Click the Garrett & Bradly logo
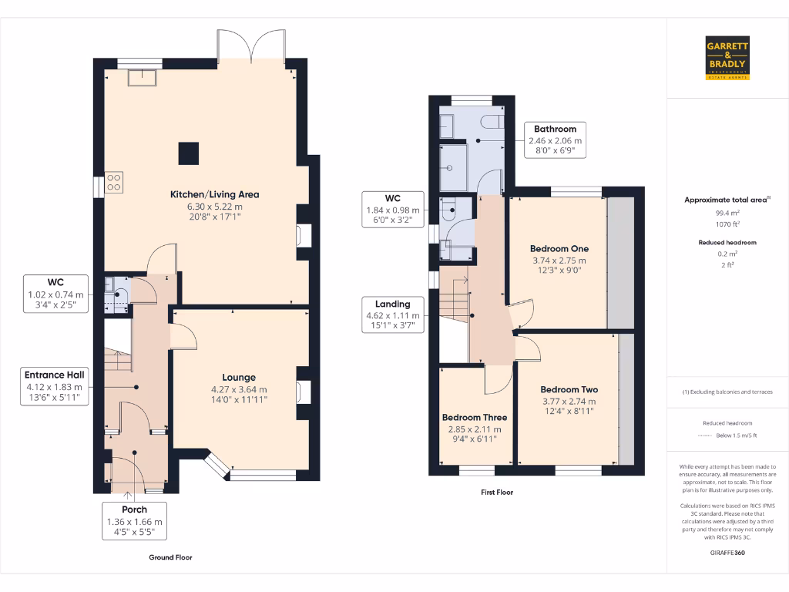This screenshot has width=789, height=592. (727, 58)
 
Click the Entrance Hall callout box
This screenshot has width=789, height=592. (55, 386)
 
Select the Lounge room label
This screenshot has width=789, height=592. (239, 378)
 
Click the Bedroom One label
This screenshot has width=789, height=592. (559, 249)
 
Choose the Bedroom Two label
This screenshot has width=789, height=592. (569, 390)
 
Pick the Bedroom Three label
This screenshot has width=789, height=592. (475, 418)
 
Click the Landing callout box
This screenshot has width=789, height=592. (393, 315)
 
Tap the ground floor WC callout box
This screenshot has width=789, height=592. (55, 294)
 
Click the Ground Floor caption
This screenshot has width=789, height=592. (170, 557)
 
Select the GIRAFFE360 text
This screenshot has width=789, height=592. (727, 553)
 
